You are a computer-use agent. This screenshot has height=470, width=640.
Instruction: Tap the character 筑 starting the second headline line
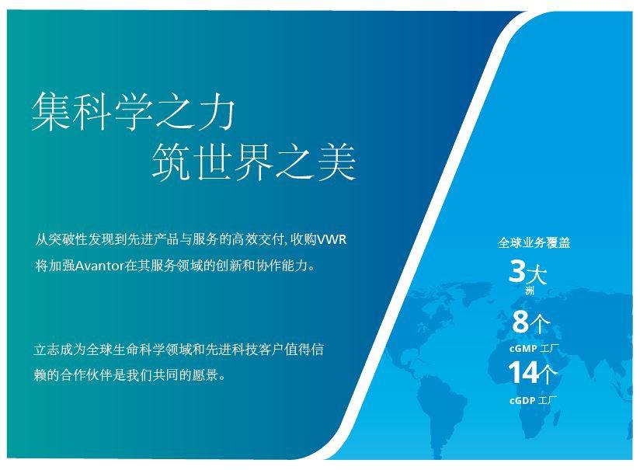coord(172,162)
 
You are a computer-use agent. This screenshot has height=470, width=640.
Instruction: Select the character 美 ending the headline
coord(337,162)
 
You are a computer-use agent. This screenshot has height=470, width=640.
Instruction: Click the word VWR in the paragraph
coord(332,239)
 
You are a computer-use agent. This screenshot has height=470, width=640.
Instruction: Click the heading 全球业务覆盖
coord(534,242)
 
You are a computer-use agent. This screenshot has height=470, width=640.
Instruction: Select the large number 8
coord(520,321)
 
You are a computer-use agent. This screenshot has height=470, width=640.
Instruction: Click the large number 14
coord(523,372)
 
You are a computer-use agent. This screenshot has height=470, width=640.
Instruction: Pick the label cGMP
coord(523,349)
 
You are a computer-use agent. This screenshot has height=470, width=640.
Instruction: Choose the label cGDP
coord(522,400)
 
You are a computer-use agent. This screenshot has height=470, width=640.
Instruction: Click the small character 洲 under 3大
coord(530,291)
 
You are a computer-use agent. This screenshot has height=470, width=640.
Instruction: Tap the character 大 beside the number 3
coord(537,274)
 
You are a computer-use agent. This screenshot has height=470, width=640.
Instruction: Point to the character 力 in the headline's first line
coord(216,111)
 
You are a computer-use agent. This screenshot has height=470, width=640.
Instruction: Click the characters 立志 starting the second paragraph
coord(47,350)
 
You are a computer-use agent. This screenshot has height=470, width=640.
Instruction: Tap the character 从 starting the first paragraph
coord(42,239)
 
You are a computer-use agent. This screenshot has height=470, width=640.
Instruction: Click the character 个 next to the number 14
coord(548,374)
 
